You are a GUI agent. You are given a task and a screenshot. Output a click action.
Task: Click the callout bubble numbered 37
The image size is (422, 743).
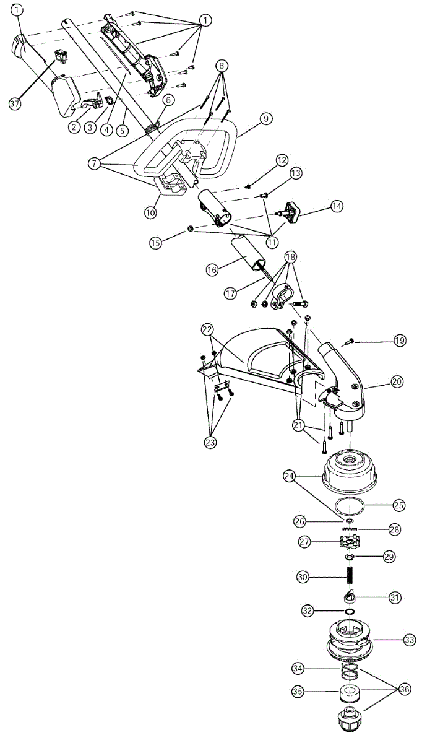(x=15, y=103)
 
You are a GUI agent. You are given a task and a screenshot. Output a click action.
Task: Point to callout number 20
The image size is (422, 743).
(x=397, y=381)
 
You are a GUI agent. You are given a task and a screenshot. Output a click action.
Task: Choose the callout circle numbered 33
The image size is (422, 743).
(x=409, y=640)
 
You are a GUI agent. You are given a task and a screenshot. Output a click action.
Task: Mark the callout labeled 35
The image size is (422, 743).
(x=297, y=692)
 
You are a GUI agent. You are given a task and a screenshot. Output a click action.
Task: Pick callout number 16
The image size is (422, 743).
(x=212, y=270)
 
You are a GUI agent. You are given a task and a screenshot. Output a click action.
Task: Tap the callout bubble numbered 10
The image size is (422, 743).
(x=150, y=212)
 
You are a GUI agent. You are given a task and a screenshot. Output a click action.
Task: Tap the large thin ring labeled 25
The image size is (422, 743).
(x=350, y=506)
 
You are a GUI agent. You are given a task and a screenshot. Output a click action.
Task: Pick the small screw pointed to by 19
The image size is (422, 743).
(x=351, y=340)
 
